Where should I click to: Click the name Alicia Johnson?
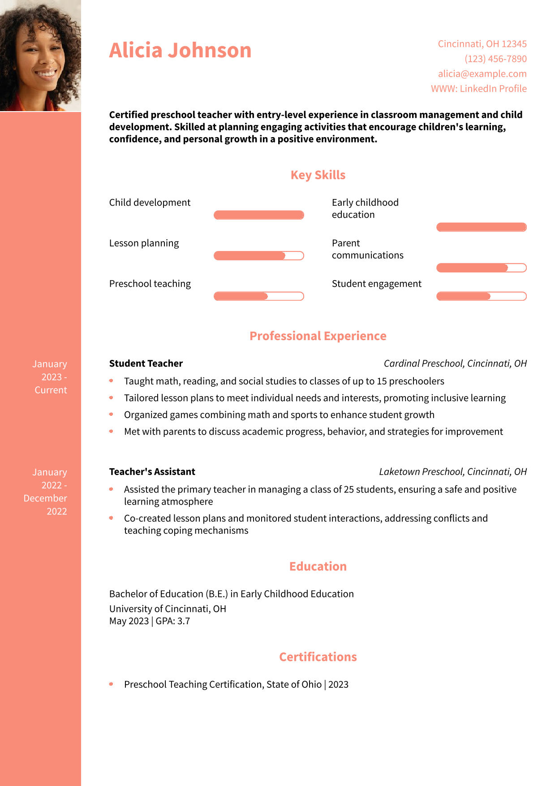[x=180, y=50]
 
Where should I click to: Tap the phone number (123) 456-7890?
[x=495, y=59]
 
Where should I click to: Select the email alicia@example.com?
[x=482, y=73]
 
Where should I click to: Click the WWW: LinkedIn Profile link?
[x=478, y=88]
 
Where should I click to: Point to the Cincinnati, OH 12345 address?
[x=482, y=44]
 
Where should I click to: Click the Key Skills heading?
[x=318, y=175]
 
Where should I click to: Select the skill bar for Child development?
[x=259, y=215]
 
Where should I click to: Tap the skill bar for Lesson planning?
[x=259, y=256]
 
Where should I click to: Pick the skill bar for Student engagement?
[x=481, y=296]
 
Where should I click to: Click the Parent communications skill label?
[x=367, y=249]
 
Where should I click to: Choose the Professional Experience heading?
[x=318, y=336]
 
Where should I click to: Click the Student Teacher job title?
[x=146, y=363]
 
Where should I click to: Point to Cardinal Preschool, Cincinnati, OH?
[x=455, y=363]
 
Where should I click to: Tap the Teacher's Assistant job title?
[x=152, y=472]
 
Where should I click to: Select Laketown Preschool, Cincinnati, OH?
[x=453, y=472]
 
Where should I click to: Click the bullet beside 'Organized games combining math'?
[x=111, y=415]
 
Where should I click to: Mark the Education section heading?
[x=318, y=566]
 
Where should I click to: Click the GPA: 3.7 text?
[x=173, y=621]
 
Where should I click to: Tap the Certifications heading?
[x=318, y=657]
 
